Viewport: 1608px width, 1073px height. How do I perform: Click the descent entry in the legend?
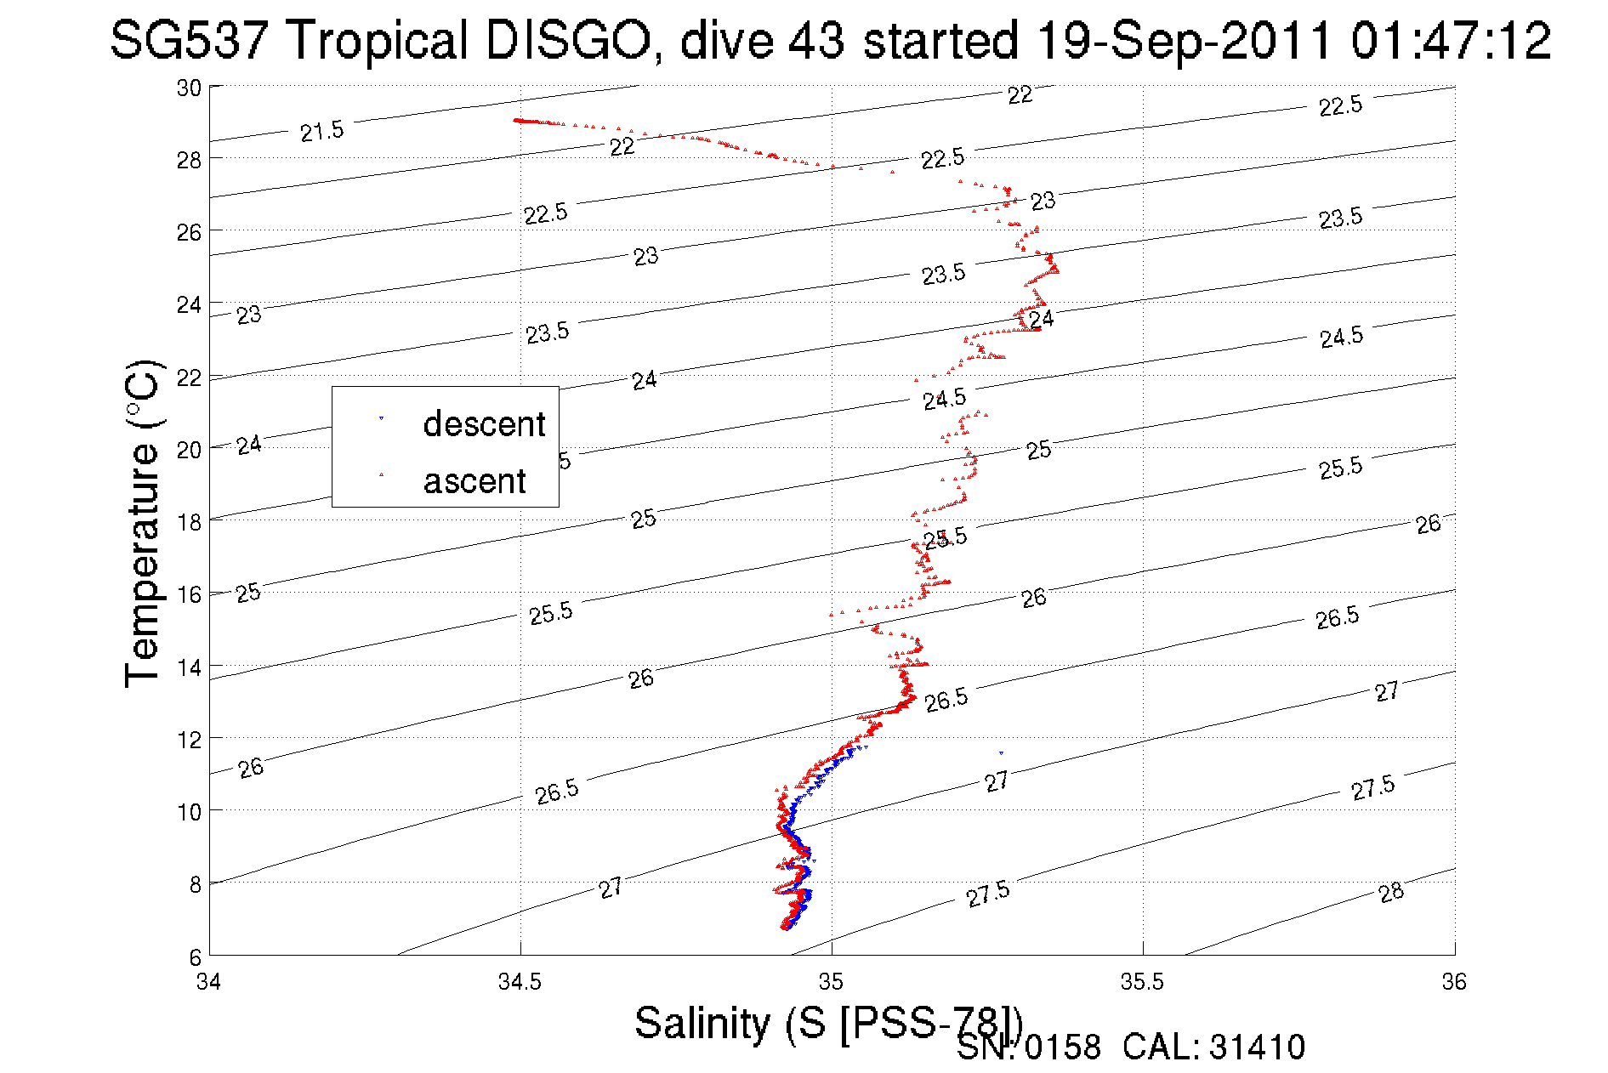pyautogui.click(x=483, y=423)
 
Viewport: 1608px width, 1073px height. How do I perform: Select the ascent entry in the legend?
pyautogui.click(x=474, y=481)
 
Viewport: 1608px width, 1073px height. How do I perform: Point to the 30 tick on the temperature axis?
pyautogui.click(x=189, y=88)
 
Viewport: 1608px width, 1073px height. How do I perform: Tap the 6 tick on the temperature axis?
pyautogui.click(x=196, y=957)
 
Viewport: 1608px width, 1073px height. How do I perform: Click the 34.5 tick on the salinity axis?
pyautogui.click(x=520, y=982)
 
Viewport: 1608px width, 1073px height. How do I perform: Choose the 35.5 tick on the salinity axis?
pyautogui.click(x=1142, y=982)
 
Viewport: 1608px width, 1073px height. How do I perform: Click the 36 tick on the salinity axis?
pyautogui.click(x=1454, y=982)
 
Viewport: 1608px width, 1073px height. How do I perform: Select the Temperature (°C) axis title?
pyautogui.click(x=143, y=524)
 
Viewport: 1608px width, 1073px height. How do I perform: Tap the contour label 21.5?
pyautogui.click(x=322, y=132)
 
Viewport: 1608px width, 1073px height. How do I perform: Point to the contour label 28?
pyautogui.click(x=1391, y=893)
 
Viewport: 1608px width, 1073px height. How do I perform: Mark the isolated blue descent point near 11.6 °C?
pyautogui.click(x=1001, y=752)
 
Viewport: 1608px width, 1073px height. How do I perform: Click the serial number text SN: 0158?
pyautogui.click(x=1028, y=1047)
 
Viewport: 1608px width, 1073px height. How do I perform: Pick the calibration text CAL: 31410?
pyautogui.click(x=1213, y=1047)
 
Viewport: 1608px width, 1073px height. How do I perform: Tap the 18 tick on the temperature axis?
pyautogui.click(x=189, y=522)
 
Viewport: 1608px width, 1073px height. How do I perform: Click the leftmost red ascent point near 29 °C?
pyautogui.click(x=515, y=120)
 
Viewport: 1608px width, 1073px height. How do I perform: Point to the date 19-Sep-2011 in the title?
pyautogui.click(x=1184, y=40)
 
